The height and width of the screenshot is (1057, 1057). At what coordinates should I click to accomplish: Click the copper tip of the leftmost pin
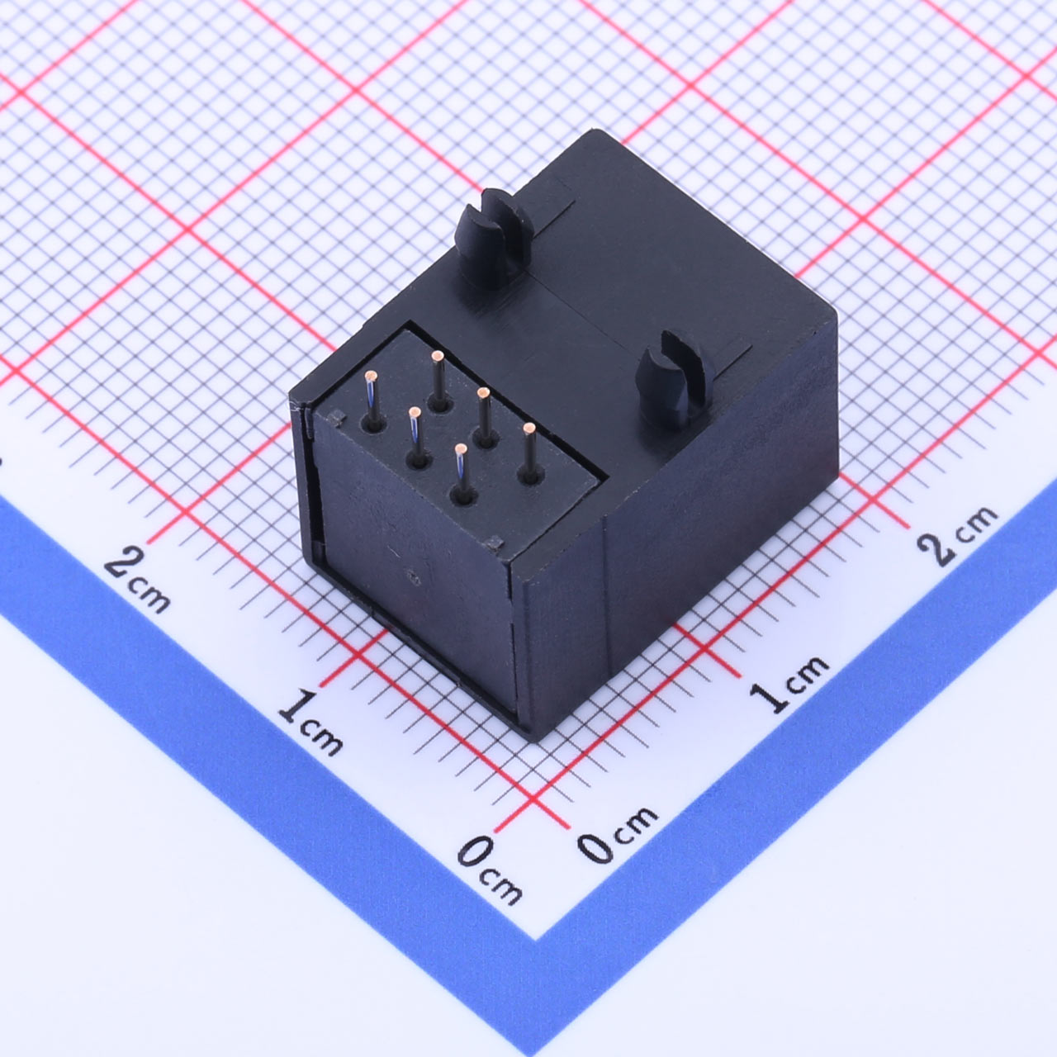click(x=371, y=376)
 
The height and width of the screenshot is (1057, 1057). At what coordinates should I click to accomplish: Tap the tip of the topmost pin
click(x=437, y=355)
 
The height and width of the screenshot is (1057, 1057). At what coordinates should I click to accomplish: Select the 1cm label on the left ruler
click(x=310, y=723)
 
